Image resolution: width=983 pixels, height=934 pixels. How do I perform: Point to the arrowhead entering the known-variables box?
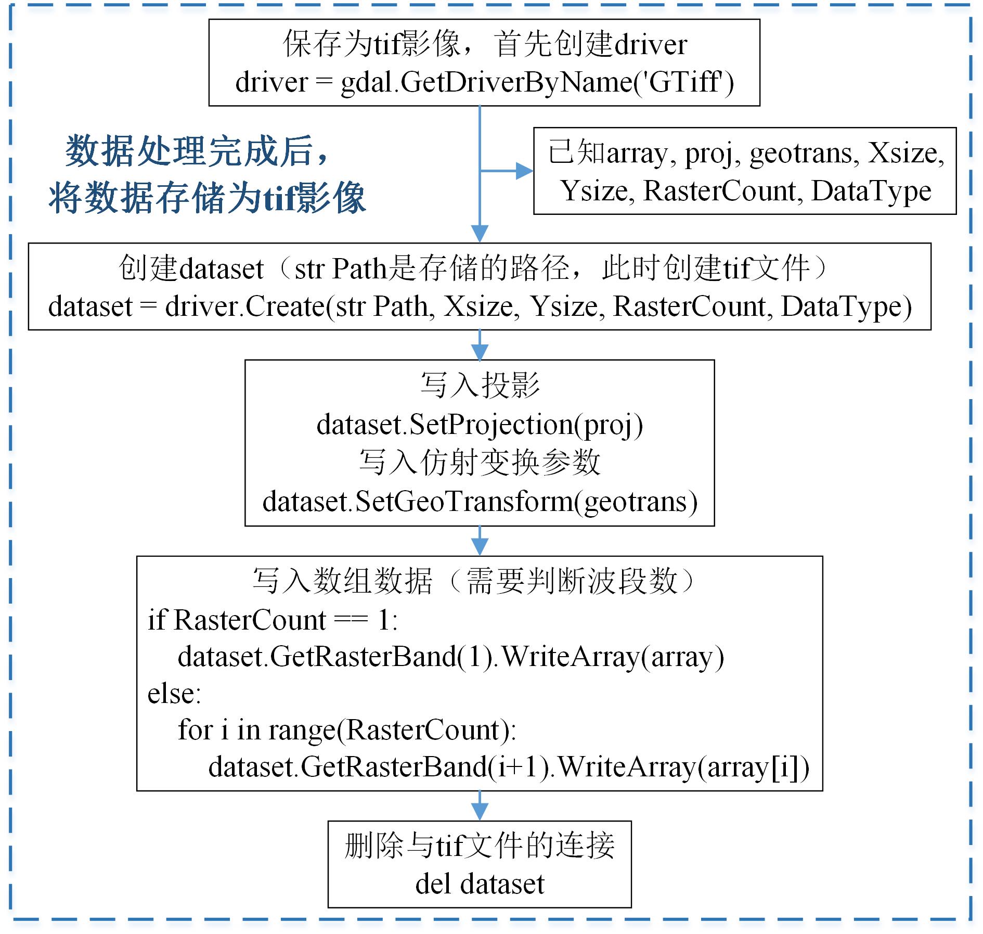coord(524,171)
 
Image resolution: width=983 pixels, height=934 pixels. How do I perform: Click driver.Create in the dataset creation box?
coord(244,306)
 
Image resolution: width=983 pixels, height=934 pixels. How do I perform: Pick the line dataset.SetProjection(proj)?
coord(480,425)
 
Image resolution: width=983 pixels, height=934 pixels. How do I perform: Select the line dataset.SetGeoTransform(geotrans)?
coord(480,502)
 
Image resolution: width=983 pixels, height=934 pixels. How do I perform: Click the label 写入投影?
coord(480,386)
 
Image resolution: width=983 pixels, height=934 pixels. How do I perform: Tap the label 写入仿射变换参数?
coord(480,463)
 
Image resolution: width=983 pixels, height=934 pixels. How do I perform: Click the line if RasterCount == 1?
coord(273,620)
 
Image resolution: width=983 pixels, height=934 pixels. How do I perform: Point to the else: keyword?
coord(174,694)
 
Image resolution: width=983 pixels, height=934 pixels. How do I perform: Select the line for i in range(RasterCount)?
coord(347,730)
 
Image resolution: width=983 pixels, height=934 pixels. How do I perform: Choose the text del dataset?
coord(480,884)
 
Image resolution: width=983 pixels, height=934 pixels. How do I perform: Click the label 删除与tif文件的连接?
coord(480,846)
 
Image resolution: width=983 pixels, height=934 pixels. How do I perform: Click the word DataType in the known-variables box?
coord(871,191)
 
